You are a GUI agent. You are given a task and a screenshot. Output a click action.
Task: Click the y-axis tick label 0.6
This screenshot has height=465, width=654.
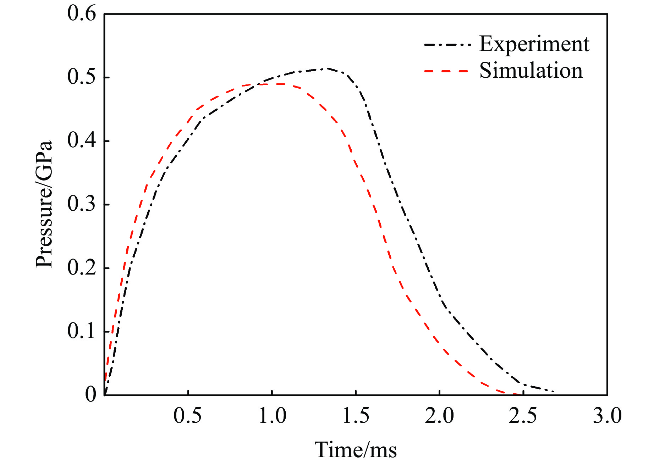pos(82,14)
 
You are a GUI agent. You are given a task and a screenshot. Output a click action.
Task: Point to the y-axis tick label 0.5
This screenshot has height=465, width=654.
pos(82,77)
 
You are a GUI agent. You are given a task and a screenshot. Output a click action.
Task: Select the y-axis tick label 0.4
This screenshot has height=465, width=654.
pos(82,141)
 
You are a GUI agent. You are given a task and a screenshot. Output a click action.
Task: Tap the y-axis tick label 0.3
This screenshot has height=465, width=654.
pos(82,204)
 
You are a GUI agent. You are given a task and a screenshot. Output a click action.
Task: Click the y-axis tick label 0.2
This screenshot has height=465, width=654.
pos(82,268)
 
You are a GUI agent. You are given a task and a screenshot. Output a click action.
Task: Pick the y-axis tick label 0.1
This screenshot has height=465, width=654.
pos(82,331)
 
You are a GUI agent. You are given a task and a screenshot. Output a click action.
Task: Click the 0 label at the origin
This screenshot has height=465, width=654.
pos(91,394)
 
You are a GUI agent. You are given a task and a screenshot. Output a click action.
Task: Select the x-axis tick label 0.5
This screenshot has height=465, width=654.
pos(188,416)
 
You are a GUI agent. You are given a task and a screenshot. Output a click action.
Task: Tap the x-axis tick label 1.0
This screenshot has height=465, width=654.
pos(272,416)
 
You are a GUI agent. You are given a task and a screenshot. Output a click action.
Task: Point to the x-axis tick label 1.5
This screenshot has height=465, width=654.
pos(356,416)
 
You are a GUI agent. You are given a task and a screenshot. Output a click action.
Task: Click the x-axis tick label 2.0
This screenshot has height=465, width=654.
pos(440,416)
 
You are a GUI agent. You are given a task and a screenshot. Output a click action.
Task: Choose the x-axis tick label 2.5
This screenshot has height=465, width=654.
pos(523,416)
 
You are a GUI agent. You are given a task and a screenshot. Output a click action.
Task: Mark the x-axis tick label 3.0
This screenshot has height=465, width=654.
pos(607,416)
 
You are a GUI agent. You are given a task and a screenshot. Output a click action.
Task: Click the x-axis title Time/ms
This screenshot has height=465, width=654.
pos(356,450)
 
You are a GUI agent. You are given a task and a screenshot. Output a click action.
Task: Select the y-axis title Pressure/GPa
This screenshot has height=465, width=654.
pos(44,204)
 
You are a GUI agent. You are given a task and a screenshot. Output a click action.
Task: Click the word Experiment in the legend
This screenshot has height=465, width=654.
pos(534,44)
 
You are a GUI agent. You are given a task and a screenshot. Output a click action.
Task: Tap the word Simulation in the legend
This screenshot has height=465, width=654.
pos(531,71)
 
